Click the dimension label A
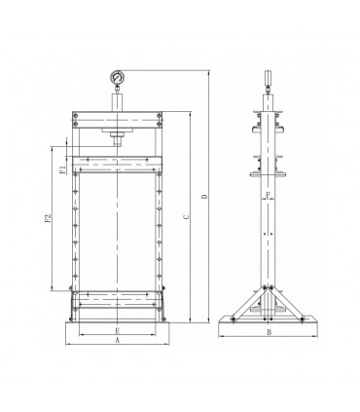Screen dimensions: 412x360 click(x=117, y=341)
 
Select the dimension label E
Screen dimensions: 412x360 click(x=117, y=329)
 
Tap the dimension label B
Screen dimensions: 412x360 click(x=268, y=332)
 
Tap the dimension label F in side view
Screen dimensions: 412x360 click(x=268, y=196)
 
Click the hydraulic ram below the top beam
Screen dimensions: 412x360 click(x=118, y=137)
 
